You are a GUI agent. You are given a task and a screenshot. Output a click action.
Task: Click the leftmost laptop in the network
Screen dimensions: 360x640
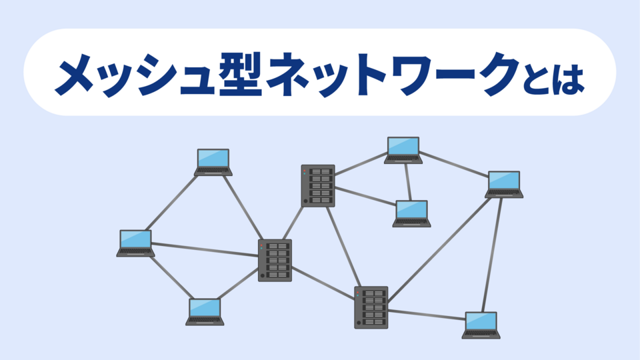(x=135, y=243)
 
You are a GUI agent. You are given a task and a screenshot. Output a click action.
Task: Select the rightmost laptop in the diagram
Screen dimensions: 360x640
(x=504, y=183)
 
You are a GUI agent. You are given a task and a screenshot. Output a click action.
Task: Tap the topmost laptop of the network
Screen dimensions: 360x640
(x=403, y=149)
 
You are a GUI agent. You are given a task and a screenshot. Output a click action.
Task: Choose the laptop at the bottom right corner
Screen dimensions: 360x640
(x=481, y=325)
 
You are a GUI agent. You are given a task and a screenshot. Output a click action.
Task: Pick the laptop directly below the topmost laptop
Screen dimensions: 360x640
(x=411, y=213)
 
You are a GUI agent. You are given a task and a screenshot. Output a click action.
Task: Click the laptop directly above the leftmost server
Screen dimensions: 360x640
(x=213, y=161)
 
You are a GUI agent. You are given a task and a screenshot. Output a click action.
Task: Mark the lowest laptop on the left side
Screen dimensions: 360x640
(x=205, y=311)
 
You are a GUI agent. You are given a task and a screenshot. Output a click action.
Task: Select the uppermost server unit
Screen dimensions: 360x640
(x=317, y=185)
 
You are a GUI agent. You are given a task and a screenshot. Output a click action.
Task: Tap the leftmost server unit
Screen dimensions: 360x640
(x=275, y=260)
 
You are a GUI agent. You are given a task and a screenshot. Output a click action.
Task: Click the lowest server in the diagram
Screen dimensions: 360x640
(x=371, y=307)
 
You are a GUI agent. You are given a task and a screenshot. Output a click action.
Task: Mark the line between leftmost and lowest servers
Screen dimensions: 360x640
(x=323, y=284)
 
